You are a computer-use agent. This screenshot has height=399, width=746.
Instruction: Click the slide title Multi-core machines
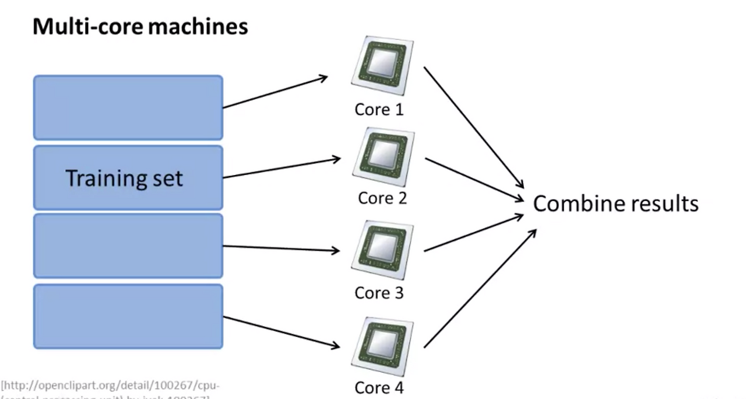(x=140, y=27)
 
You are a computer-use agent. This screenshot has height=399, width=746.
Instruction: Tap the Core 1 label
(x=379, y=109)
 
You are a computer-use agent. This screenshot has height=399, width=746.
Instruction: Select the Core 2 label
(x=382, y=198)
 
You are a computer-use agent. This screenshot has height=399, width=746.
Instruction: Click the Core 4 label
(x=379, y=387)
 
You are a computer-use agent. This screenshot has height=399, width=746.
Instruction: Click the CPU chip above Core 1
(x=382, y=62)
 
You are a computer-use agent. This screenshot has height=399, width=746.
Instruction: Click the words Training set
(x=124, y=178)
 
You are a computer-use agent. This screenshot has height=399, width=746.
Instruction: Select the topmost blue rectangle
(x=128, y=107)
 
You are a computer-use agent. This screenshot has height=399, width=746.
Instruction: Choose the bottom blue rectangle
(x=128, y=316)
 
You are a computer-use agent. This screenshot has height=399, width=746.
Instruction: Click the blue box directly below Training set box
(x=128, y=246)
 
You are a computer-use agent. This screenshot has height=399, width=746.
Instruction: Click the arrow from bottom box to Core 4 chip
(x=281, y=333)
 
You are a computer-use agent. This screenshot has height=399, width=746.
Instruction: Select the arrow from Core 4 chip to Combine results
(x=479, y=288)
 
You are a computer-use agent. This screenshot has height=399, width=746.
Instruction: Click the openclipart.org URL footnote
(x=111, y=386)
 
